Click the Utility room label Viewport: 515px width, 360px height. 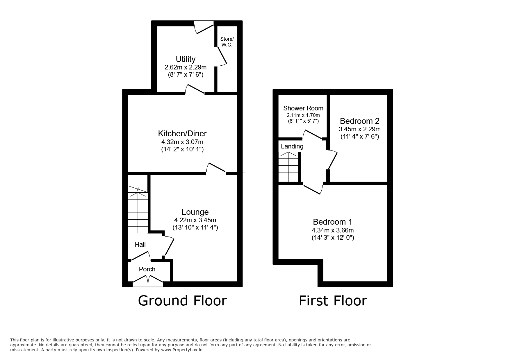186,59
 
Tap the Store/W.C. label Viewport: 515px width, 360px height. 227,42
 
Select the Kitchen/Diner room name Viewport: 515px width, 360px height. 182,133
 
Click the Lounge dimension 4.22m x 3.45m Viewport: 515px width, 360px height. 195,220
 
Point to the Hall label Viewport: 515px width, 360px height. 140,245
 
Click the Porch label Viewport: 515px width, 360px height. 147,269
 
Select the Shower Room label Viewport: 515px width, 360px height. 303,108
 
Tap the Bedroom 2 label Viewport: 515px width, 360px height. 360,121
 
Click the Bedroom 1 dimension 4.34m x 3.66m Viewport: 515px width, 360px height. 333,230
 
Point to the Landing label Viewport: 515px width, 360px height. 292,146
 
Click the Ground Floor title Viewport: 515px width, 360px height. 182,300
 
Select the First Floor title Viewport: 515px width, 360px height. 333,300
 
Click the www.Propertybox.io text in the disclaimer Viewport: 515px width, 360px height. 181,350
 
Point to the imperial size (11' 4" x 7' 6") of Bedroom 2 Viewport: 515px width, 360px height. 360,136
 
